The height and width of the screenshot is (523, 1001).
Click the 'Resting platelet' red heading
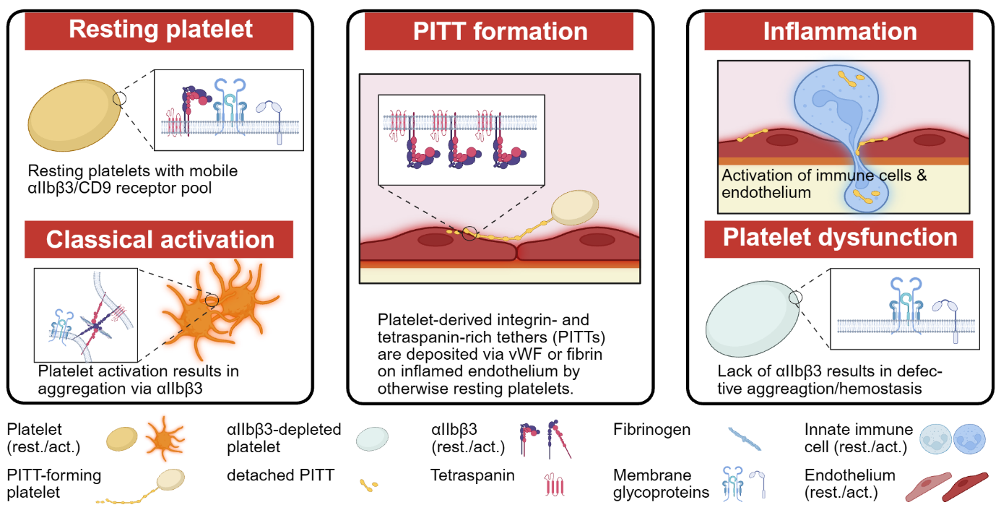pyautogui.click(x=159, y=30)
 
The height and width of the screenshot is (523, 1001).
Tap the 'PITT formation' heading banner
pyautogui.click(x=499, y=30)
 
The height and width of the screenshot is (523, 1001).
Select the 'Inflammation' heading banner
pyautogui.click(x=838, y=30)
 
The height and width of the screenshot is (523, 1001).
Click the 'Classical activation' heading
pyautogui.click(x=159, y=239)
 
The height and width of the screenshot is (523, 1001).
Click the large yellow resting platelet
pyautogui.click(x=74, y=116)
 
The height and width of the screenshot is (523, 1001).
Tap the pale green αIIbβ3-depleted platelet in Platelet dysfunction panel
pyautogui.click(x=753, y=319)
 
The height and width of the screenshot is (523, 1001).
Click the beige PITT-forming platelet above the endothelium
pyautogui.click(x=575, y=207)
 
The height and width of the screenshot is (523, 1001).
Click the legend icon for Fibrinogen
pyautogui.click(x=745, y=438)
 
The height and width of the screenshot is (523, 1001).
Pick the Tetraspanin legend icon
pyautogui.click(x=554, y=485)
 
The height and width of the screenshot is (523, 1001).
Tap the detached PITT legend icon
pyautogui.click(x=369, y=485)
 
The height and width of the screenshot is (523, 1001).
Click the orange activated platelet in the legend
pyautogui.click(x=165, y=438)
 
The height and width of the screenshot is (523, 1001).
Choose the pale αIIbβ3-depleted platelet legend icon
pyautogui.click(x=372, y=438)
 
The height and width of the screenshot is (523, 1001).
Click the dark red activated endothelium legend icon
pyautogui.click(x=965, y=487)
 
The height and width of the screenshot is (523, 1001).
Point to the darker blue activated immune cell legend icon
pyautogui.click(x=969, y=439)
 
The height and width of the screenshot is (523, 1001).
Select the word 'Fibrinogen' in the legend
pyautogui.click(x=651, y=430)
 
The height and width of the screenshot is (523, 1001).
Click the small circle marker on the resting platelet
pyautogui.click(x=119, y=98)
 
